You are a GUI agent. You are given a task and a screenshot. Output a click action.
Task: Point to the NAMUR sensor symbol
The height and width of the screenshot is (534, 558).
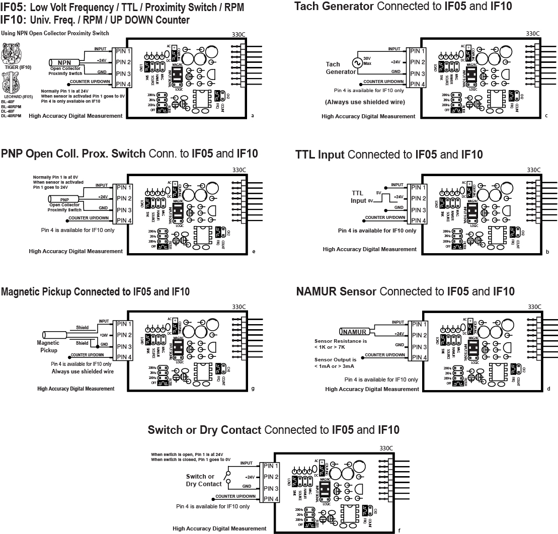(x=356, y=332)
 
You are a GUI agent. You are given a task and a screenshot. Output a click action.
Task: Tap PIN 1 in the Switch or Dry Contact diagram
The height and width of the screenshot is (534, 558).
(x=271, y=466)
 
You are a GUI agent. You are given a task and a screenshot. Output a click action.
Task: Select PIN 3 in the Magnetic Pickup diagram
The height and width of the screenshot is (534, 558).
(x=123, y=346)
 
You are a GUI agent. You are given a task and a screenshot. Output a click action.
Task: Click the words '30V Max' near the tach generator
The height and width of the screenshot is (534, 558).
(x=367, y=61)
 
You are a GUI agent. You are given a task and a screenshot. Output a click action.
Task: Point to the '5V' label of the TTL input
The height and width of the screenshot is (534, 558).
(x=379, y=192)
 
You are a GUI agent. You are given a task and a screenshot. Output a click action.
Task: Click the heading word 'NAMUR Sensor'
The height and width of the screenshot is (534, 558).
(x=336, y=291)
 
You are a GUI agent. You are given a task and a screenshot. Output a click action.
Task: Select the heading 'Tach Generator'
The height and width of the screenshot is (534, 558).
(x=334, y=6)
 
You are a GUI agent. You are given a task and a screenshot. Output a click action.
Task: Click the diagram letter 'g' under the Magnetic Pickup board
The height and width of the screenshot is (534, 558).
(x=253, y=388)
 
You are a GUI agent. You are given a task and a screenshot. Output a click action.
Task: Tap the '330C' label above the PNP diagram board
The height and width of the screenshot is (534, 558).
(x=239, y=170)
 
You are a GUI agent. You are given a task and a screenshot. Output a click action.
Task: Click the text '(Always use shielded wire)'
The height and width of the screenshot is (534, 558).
(x=365, y=102)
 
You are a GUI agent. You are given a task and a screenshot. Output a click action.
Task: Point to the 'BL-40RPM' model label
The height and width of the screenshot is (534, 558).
(x=11, y=107)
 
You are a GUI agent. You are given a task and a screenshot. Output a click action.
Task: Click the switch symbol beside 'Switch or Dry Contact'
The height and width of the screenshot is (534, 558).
(x=228, y=476)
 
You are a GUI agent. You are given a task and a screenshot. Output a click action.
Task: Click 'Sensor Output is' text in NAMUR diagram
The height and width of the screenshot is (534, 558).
(x=335, y=360)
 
